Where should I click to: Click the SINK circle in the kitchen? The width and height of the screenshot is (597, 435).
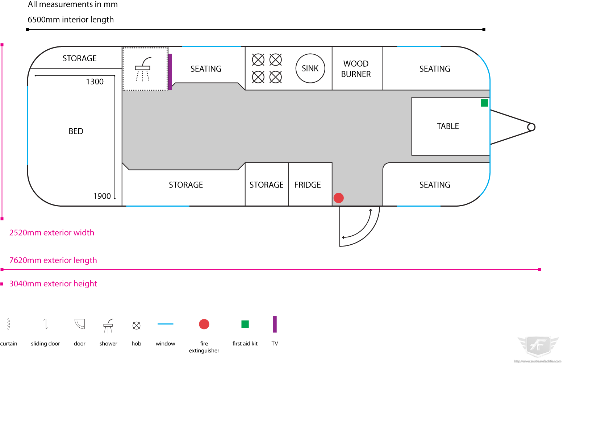click(x=310, y=69)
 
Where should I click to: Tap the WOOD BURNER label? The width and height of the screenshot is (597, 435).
click(x=356, y=69)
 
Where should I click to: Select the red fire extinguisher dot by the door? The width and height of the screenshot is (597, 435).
click(x=339, y=198)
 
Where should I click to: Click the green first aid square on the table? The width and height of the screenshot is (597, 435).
click(x=484, y=103)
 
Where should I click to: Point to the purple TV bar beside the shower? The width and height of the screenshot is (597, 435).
click(x=170, y=72)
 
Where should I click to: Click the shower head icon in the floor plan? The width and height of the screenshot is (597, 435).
click(x=143, y=69)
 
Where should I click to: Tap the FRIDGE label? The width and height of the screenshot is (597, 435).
click(x=308, y=185)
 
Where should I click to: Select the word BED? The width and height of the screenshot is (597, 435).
click(x=76, y=131)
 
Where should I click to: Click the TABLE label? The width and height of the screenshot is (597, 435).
click(x=448, y=126)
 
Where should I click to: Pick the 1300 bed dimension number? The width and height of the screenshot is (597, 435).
click(x=95, y=82)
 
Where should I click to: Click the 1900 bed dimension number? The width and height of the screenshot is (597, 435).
click(x=102, y=196)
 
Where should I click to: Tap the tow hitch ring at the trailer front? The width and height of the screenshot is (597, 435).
click(x=531, y=127)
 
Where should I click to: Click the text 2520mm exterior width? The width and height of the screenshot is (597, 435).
click(x=52, y=233)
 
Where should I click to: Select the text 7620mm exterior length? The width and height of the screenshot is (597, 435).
click(x=53, y=260)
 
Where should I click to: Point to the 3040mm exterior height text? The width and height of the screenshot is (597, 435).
click(x=53, y=283)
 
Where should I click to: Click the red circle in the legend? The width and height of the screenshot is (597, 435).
click(x=204, y=324)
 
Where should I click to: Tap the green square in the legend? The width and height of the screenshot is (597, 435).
click(x=245, y=324)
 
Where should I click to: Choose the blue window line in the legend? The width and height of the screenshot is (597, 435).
click(x=166, y=324)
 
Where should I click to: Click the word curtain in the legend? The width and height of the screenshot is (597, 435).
click(x=9, y=344)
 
